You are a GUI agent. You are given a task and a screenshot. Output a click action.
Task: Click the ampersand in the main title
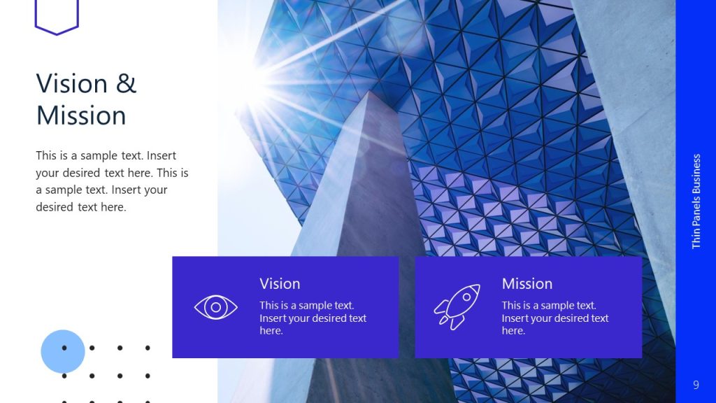tap(127, 84)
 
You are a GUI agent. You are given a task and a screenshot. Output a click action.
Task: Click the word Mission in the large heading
tap(81, 115)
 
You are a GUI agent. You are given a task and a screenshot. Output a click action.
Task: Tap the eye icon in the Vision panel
tap(215, 306)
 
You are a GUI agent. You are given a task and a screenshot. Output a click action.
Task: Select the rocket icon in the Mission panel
tap(457, 306)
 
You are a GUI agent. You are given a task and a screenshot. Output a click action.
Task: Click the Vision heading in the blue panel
tap(280, 283)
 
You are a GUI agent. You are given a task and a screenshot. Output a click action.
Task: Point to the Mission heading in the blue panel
tap(527, 283)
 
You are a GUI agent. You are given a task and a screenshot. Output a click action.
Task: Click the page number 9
tap(696, 385)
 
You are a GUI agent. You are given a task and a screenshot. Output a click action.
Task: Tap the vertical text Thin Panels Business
tap(696, 201)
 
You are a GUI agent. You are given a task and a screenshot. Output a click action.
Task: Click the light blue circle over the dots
tap(63, 351)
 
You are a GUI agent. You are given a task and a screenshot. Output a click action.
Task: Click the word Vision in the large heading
tap(71, 84)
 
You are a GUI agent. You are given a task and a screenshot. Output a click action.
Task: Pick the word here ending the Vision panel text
tap(271, 331)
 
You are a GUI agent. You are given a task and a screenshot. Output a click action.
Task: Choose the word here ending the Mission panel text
tap(513, 331)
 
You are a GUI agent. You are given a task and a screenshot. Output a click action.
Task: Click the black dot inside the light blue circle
tap(64, 348)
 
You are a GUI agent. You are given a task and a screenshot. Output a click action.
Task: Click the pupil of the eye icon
tap(215, 306)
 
